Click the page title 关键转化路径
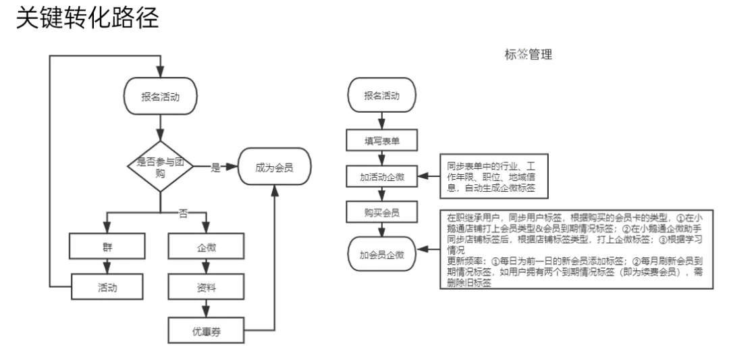(87, 18)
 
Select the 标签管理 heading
(528, 55)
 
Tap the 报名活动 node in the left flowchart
(159, 97)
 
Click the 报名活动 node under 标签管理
(381, 95)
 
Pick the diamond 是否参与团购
(159, 167)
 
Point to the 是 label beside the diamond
(215, 168)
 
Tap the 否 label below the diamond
(183, 213)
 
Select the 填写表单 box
(381, 140)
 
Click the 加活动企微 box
(381, 176)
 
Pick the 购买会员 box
(381, 213)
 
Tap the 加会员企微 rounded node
(381, 255)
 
